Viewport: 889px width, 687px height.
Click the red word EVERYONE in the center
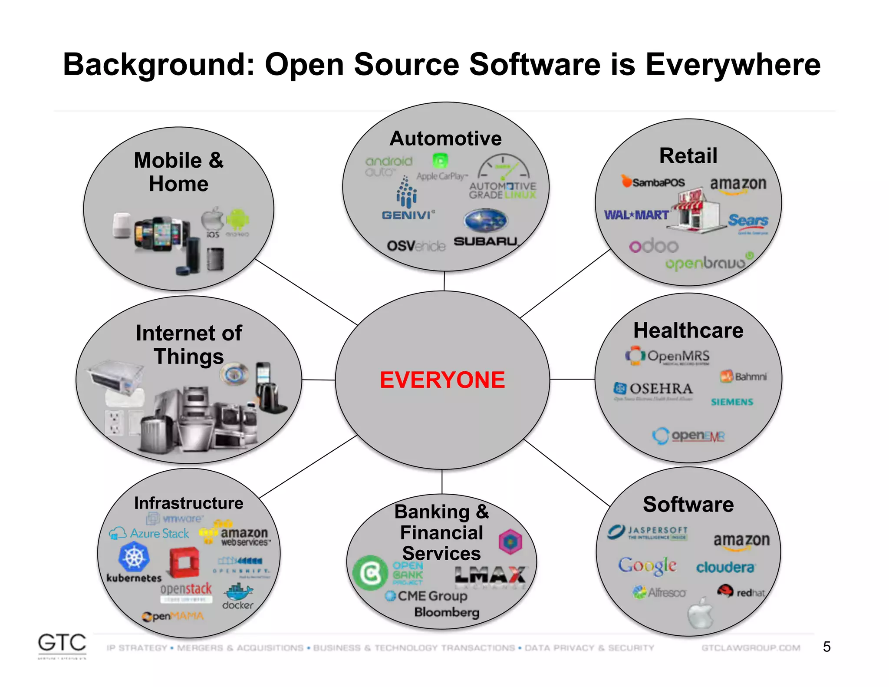[442, 380]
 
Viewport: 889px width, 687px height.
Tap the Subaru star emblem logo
[485, 221]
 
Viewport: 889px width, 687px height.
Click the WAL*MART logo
[636, 215]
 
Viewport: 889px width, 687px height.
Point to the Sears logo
[748, 221]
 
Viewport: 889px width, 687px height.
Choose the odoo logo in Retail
[654, 246]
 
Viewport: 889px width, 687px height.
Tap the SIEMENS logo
[732, 402]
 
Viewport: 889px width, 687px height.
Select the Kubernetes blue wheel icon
[134, 557]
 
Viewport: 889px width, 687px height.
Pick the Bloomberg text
[447, 612]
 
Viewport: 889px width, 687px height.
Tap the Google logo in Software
[647, 565]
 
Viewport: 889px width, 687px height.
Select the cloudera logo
[725, 568]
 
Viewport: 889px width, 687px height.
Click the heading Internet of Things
[189, 345]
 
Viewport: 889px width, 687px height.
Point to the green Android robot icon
[237, 220]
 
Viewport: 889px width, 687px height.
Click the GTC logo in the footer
[62, 643]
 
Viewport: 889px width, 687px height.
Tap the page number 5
[826, 647]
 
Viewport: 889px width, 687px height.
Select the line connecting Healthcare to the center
[572, 379]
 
